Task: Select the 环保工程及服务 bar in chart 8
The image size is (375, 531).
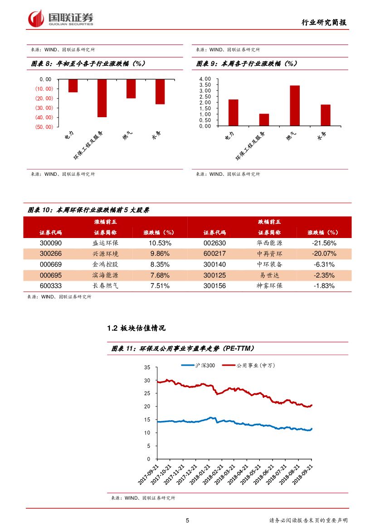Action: [x=102, y=98]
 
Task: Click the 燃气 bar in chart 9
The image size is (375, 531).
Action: [x=295, y=105]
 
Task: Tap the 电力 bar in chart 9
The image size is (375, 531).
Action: [x=233, y=112]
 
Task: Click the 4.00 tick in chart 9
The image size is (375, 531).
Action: [x=205, y=79]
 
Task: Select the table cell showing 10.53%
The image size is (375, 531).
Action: [x=159, y=243]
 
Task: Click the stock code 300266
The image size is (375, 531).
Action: [x=51, y=253]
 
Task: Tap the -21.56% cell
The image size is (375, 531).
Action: [x=324, y=243]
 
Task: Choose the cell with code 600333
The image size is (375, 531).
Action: [x=51, y=286]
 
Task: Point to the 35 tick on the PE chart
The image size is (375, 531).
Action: [x=147, y=367]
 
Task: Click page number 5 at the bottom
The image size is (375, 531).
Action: [x=187, y=521]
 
